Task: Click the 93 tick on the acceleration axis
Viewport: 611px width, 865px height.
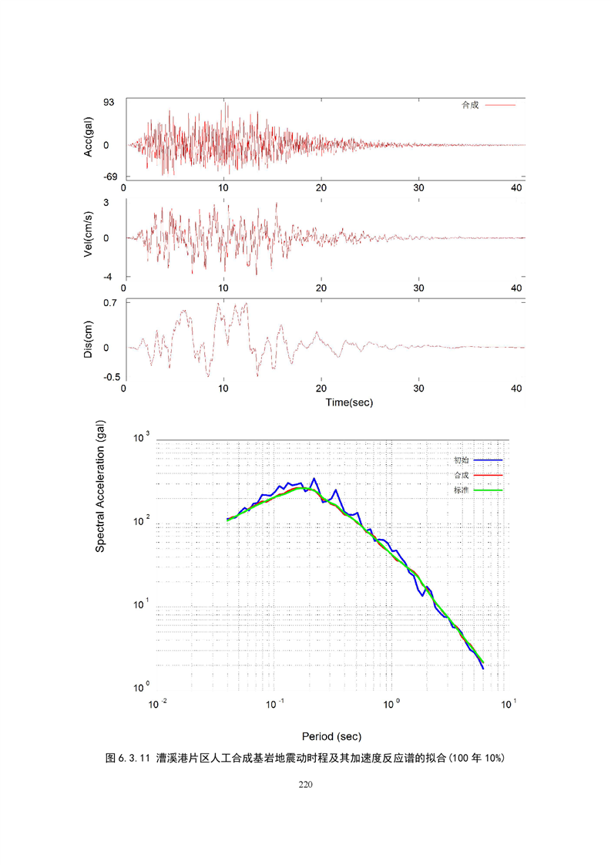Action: coord(109,103)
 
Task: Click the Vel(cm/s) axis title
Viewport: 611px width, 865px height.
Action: coord(89,238)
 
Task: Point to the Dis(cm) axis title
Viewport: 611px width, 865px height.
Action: coord(89,339)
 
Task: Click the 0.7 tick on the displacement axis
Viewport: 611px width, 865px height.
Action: coord(110,303)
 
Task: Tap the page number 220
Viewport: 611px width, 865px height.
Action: coord(305,786)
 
